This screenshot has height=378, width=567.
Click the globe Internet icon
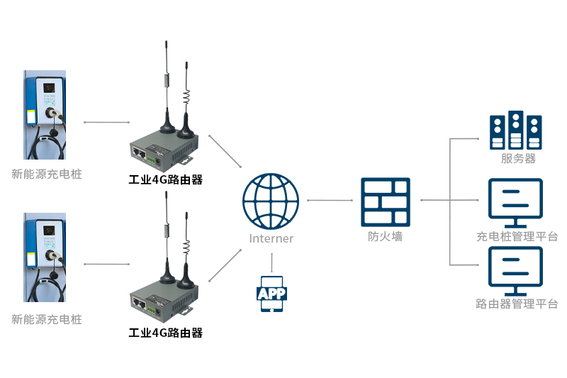tap(271, 199)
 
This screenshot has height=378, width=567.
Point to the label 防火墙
tap(386, 237)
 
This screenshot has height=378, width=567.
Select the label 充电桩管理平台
tap(517, 236)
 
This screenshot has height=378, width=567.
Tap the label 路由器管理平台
tap(517, 304)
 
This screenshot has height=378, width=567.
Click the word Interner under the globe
tap(271, 238)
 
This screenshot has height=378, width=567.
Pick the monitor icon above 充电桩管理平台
tap(515, 201)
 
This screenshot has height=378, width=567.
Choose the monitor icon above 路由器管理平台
tap(515, 270)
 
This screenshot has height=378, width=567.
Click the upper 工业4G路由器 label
tap(165, 180)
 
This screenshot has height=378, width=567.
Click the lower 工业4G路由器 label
tap(165, 333)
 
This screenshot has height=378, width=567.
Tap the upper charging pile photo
tap(45, 115)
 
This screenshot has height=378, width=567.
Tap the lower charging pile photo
tap(45, 260)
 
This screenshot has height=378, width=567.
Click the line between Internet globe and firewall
tap(330, 201)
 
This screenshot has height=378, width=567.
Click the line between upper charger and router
tap(106, 122)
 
